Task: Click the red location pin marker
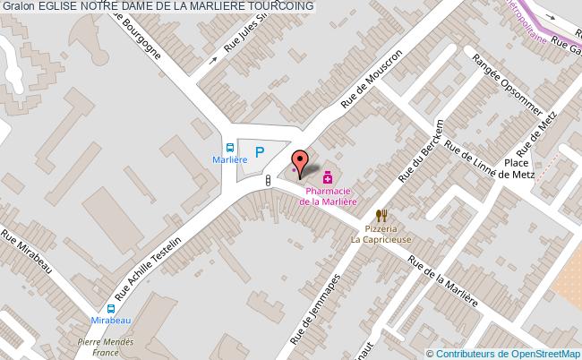[x=301, y=163]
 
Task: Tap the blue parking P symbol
[x=260, y=152]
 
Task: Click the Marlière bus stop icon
[x=230, y=149]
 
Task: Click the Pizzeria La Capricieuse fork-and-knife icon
[x=381, y=215]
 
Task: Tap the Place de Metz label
[x=518, y=168]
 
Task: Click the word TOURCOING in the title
[x=269, y=6]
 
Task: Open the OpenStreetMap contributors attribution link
[x=508, y=354]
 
